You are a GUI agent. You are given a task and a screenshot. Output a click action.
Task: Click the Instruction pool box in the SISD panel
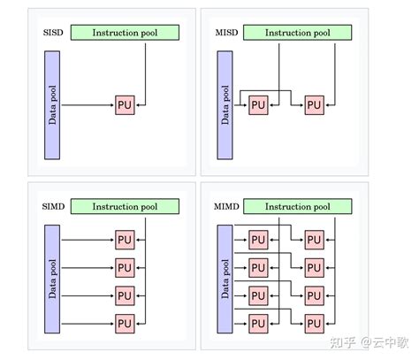coord(125,33)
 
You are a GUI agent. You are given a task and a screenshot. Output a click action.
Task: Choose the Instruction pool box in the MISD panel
coord(298,33)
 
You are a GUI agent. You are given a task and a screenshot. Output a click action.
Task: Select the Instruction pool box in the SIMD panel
coord(125,206)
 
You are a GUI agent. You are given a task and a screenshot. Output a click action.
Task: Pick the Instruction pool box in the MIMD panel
coord(298,206)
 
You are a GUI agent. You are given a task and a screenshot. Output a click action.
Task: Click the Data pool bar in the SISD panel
coord(51,104)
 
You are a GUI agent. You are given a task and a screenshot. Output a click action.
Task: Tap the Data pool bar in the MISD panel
coord(225,104)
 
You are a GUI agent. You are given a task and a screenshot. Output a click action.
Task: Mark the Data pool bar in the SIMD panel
coord(51,278)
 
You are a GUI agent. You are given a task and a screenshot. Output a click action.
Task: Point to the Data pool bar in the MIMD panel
coord(225,278)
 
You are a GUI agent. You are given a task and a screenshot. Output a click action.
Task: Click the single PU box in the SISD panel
coord(125,104)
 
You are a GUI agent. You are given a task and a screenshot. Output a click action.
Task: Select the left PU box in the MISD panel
coord(258,104)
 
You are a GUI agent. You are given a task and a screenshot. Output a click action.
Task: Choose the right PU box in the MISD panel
coord(314,104)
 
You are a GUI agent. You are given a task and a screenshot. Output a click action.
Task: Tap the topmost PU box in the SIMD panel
coord(125,239)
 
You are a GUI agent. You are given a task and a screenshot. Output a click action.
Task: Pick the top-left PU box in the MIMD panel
coord(258,239)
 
